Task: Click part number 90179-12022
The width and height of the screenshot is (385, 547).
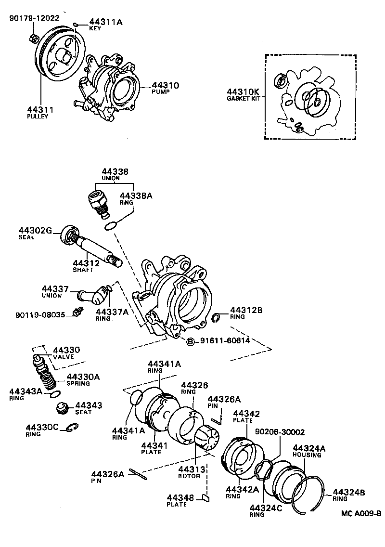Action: tap(34, 18)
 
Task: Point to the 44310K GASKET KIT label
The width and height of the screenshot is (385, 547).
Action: tap(243, 94)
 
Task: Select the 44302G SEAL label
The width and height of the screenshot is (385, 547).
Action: tap(35, 233)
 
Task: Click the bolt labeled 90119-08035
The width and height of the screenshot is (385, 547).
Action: tap(75, 313)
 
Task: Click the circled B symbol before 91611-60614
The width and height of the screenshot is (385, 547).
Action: tap(190, 341)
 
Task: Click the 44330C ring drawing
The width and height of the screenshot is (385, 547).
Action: tap(72, 427)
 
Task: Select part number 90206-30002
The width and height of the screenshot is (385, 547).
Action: tap(280, 432)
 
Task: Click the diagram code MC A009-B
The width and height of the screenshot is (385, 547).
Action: tap(361, 527)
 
